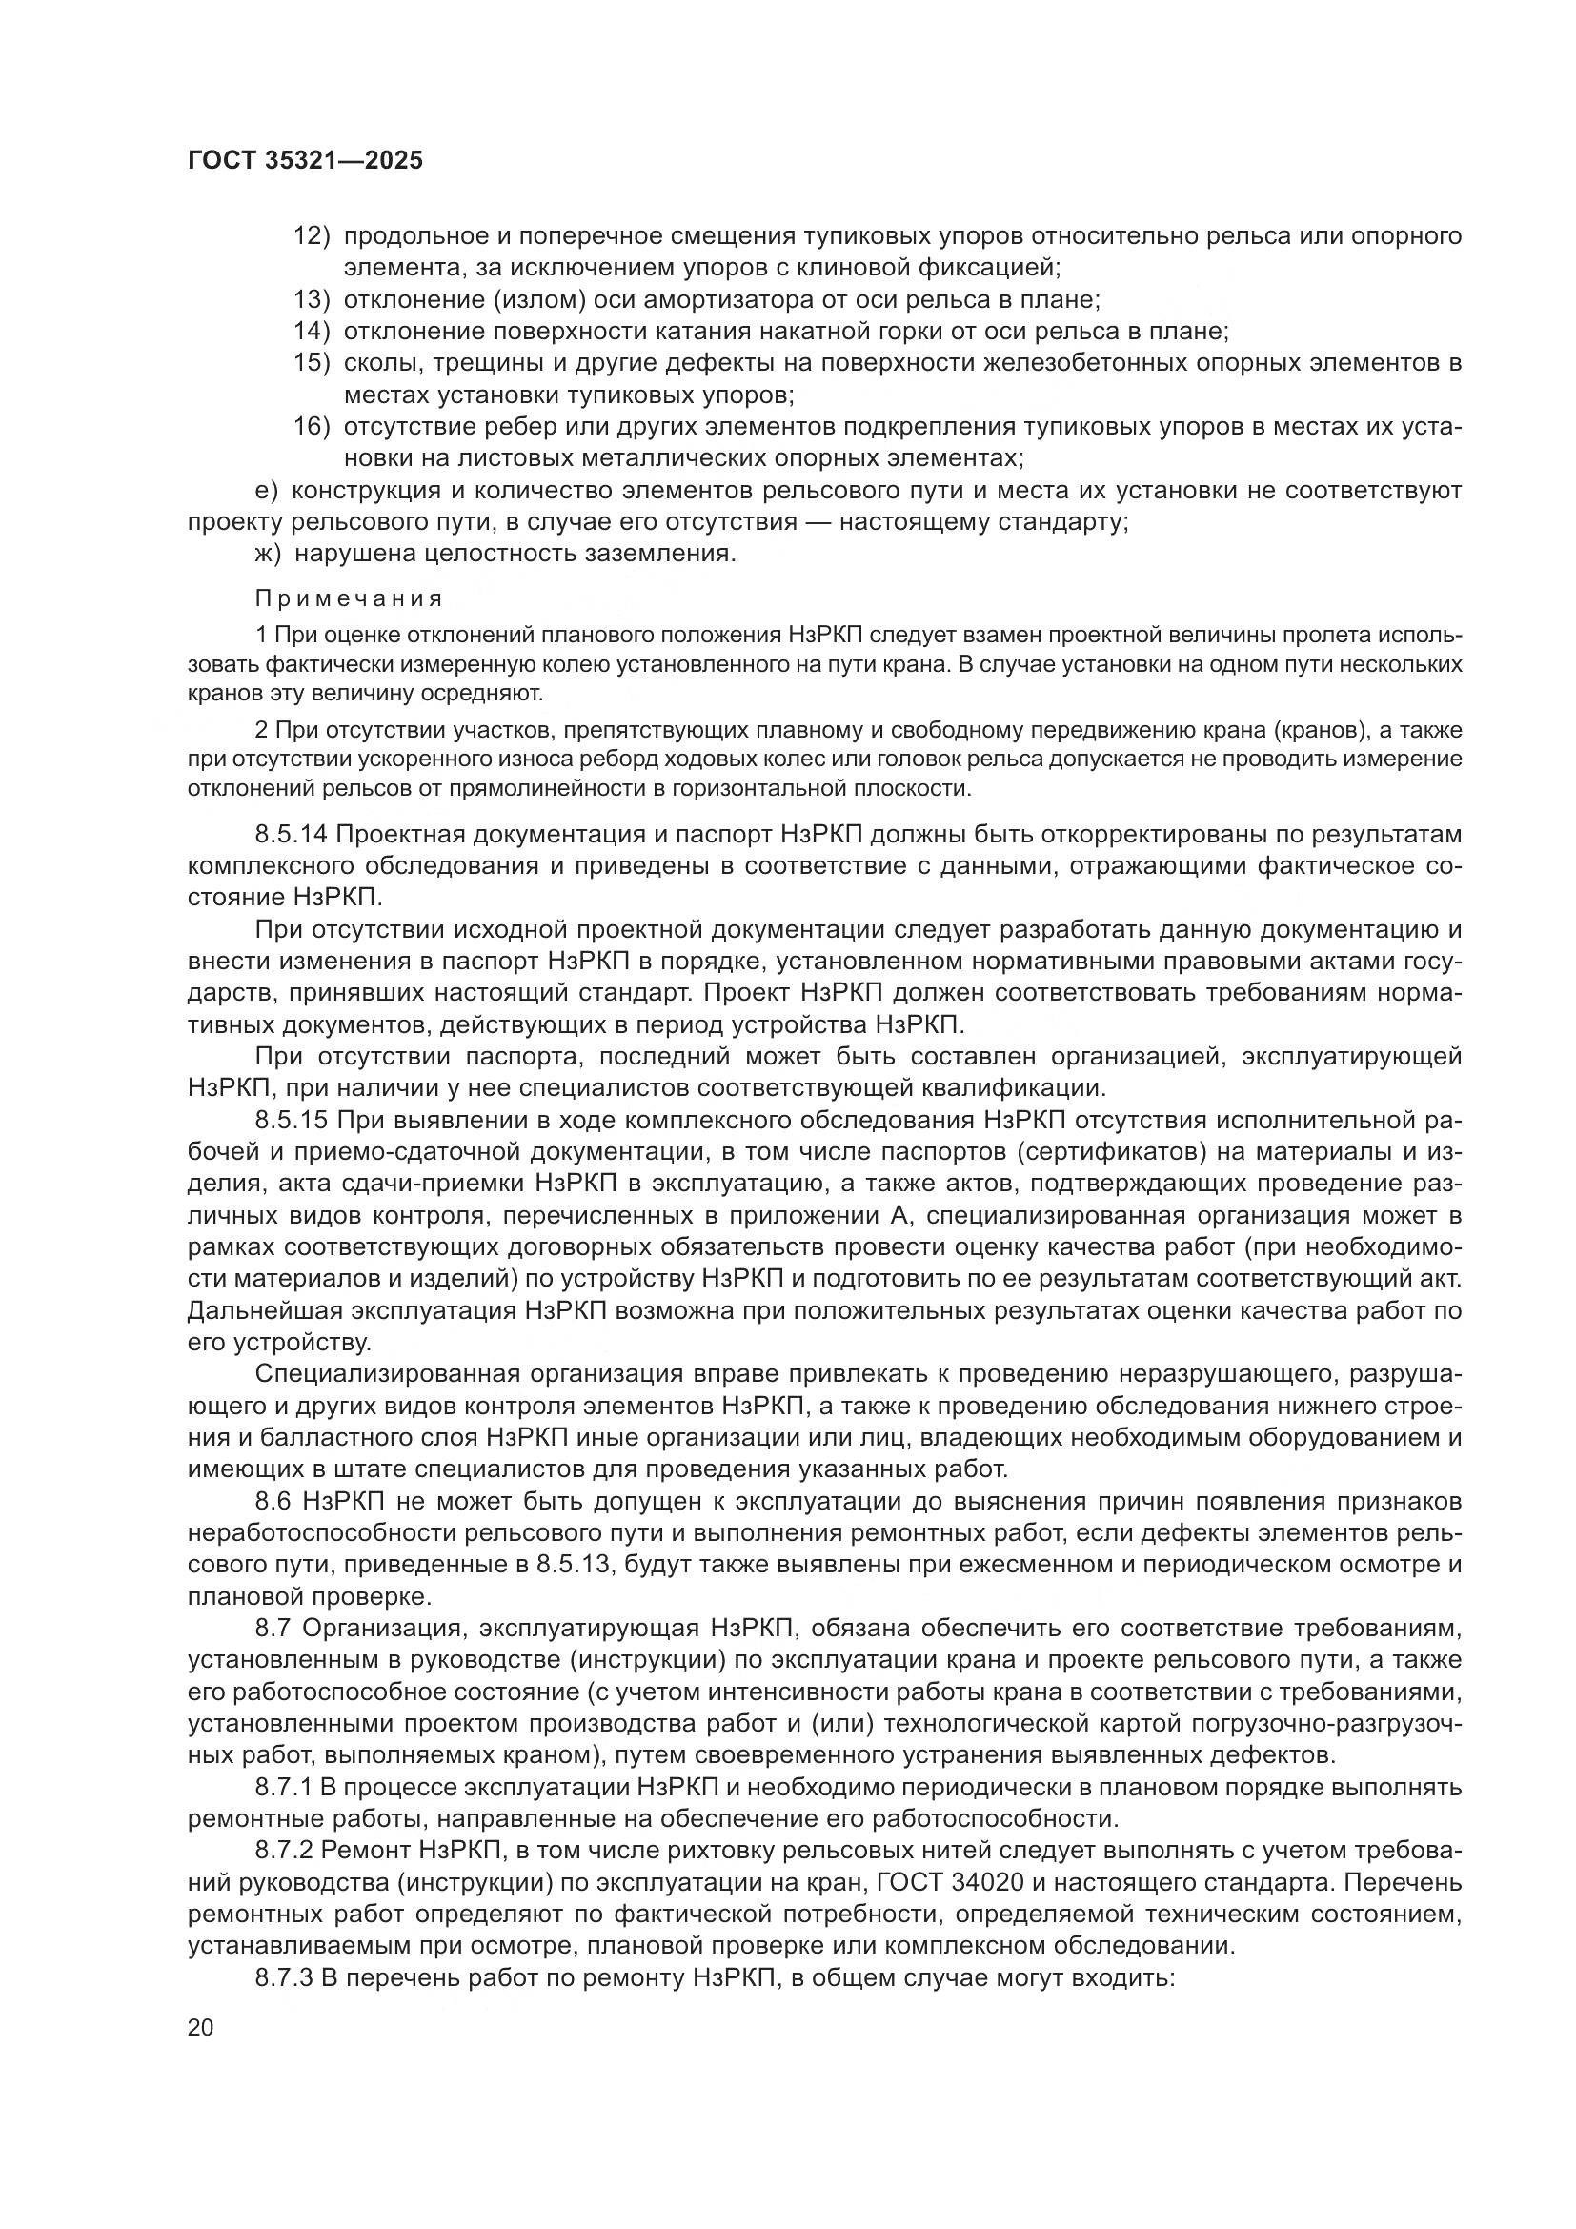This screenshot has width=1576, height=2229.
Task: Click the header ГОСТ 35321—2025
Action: pyautogui.click(x=306, y=161)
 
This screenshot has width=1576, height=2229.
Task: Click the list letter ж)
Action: pyautogui.click(x=269, y=555)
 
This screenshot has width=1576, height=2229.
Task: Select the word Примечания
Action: pyautogui.click(x=350, y=599)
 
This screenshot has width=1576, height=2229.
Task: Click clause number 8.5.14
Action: pyautogui.click(x=292, y=835)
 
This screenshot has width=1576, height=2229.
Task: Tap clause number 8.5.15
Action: pyautogui.click(x=292, y=1121)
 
